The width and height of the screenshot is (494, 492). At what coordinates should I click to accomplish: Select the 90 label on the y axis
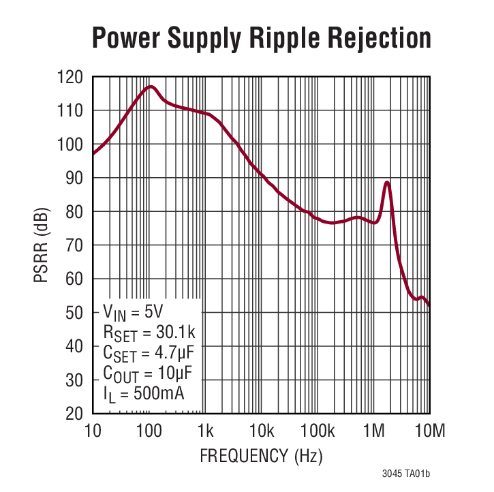pos(75,178)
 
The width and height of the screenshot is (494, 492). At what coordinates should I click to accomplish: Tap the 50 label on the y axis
pos(75,313)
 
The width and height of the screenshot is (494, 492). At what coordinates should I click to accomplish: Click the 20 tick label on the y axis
pos(75,414)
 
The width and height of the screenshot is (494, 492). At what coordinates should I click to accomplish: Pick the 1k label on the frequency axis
pos(205,431)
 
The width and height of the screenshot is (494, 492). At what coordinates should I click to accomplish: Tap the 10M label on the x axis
pos(429,431)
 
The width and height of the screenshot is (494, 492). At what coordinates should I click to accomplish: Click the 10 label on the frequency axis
pos(93,431)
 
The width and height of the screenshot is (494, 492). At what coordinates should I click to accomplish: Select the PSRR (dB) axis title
pos(42,245)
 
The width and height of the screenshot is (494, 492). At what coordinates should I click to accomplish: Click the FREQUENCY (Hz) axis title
pos(261,455)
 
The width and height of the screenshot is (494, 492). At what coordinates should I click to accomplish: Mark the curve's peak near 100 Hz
pos(150,87)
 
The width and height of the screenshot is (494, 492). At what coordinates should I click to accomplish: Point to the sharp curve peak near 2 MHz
pos(387,183)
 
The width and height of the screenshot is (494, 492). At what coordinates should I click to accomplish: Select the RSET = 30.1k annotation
pos(149,333)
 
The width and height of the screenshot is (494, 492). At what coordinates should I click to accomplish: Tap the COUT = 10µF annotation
pos(147,373)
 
